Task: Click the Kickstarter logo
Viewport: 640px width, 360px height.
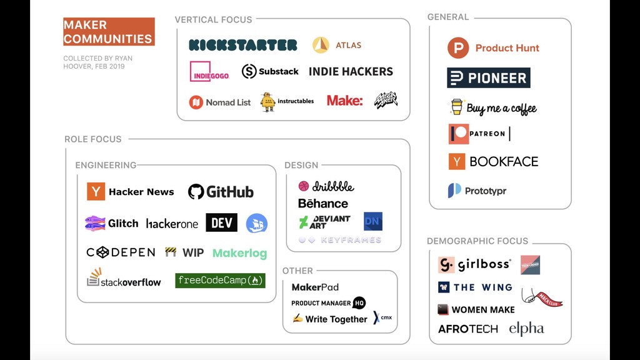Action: (243, 45)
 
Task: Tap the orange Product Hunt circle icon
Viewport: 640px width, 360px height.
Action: (458, 48)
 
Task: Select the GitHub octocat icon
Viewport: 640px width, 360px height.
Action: (196, 192)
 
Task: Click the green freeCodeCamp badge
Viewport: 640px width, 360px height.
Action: (220, 281)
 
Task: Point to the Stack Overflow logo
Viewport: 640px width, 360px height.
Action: (124, 279)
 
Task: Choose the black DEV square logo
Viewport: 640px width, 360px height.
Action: (222, 222)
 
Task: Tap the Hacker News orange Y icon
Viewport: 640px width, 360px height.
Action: (96, 191)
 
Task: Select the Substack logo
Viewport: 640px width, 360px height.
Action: (270, 71)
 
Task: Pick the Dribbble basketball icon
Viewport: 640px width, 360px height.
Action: (304, 186)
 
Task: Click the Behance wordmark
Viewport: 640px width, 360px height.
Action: (323, 203)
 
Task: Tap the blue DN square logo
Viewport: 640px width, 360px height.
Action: (373, 221)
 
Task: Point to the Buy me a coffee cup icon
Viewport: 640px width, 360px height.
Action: (457, 107)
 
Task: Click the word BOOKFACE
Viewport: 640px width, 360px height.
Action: (504, 161)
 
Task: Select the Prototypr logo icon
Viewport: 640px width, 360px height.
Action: (454, 191)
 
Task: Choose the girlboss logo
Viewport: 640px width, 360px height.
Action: (474, 264)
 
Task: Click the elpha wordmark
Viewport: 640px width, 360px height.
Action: (526, 329)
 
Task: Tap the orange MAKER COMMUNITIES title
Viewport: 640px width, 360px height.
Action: (109, 32)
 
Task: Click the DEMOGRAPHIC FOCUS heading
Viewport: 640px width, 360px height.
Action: (477, 241)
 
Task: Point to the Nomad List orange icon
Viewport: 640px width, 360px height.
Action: (196, 102)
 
